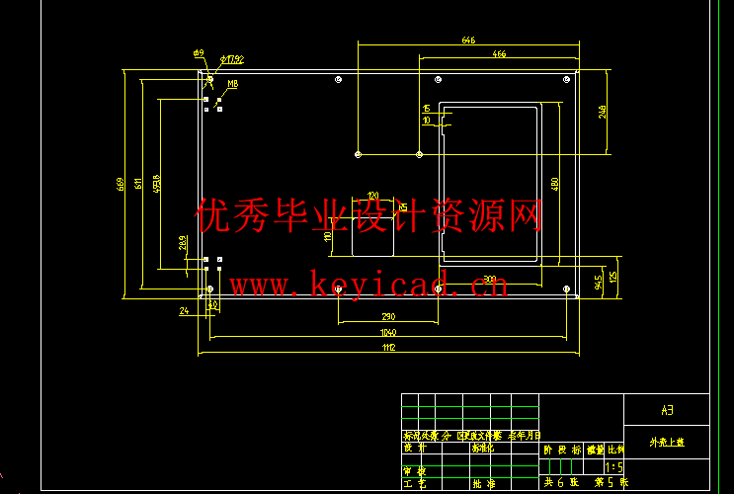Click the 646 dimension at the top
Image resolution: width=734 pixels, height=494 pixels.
click(x=468, y=41)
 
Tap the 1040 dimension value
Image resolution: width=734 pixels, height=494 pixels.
click(x=387, y=333)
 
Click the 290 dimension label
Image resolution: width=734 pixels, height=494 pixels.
click(x=387, y=315)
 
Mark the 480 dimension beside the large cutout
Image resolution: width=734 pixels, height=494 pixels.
click(x=555, y=183)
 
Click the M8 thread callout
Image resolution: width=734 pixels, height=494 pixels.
click(x=232, y=85)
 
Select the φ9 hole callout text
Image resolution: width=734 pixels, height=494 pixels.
click(x=198, y=52)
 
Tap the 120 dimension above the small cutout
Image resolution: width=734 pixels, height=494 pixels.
click(x=372, y=195)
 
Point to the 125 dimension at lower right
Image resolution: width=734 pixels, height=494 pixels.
click(x=613, y=277)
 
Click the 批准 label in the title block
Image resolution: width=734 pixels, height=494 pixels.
click(x=483, y=484)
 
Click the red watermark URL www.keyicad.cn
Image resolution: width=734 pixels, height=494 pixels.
click(x=368, y=286)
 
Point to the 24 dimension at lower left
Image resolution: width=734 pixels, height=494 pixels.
click(x=184, y=311)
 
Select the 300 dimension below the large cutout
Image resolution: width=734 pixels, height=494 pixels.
click(x=490, y=280)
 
